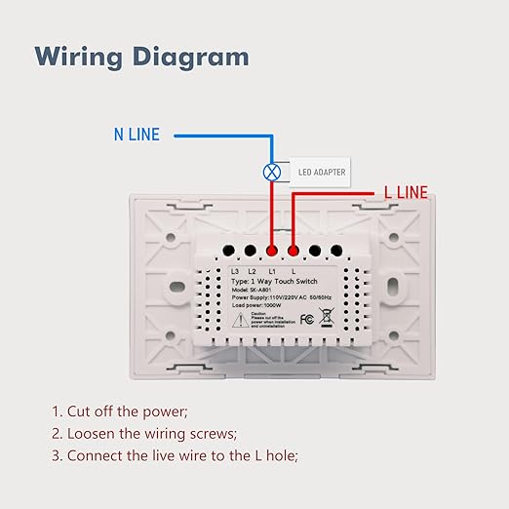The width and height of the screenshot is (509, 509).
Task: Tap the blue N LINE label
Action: tap(137, 135)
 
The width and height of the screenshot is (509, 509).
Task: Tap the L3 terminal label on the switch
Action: tap(235, 269)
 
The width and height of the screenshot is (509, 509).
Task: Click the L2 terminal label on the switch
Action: tap(252, 269)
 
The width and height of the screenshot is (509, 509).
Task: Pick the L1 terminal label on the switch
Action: tap(272, 269)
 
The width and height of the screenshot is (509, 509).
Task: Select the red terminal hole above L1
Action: tap(271, 250)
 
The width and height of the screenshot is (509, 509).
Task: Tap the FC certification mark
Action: tap(306, 318)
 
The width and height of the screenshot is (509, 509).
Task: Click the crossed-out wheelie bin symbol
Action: tap(327, 317)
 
